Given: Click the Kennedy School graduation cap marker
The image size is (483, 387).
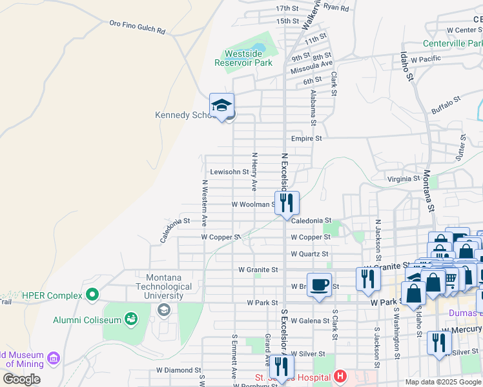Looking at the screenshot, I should (221, 106).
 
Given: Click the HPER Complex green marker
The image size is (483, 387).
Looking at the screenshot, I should (92, 295).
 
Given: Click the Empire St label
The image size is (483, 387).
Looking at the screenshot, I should (306, 138).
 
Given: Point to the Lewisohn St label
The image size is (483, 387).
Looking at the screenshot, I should (230, 172).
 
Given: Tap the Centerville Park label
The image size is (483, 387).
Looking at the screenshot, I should (453, 44).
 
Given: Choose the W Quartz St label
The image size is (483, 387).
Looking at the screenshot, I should (309, 254).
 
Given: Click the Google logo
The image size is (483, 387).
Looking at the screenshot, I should (21, 379).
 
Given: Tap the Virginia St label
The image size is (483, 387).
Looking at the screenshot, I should (404, 179).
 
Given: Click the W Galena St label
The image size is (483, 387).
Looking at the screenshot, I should (310, 321).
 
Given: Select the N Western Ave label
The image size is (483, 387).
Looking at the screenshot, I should (203, 202).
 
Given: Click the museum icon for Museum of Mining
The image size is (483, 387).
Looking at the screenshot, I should (53, 357).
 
